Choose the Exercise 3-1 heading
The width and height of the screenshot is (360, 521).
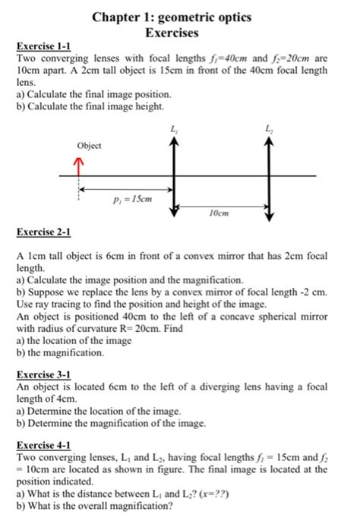pos(44,374)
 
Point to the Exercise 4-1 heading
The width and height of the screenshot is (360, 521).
pos(44,447)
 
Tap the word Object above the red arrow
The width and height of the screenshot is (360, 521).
pos(89,145)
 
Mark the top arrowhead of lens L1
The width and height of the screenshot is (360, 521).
pos(176,147)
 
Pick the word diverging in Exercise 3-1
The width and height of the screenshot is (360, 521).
pos(216,387)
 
